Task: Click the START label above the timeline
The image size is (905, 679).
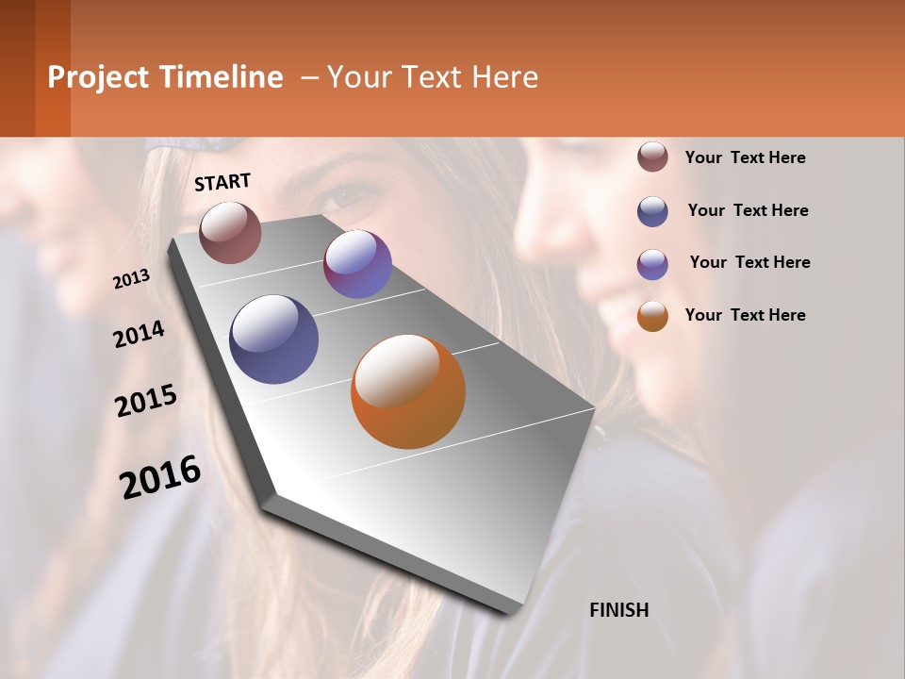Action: [x=222, y=182]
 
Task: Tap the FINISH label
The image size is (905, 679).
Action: [x=618, y=610]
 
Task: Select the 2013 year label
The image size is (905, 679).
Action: [x=131, y=278]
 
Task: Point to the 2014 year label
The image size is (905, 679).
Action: [x=139, y=334]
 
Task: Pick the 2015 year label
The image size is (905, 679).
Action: [x=145, y=401]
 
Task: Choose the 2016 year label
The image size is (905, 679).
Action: [x=159, y=476]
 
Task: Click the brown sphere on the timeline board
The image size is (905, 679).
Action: [x=230, y=232]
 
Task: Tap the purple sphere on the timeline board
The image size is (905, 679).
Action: [x=357, y=264]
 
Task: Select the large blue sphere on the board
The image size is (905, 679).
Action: [x=273, y=339]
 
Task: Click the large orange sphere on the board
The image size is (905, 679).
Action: [x=408, y=390]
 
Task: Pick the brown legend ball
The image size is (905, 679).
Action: [x=652, y=157]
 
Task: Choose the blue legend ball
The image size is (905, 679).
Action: [x=652, y=210]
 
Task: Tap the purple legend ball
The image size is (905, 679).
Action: [x=652, y=263]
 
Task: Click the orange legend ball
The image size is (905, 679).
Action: [x=652, y=316]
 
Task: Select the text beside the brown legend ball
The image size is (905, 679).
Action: [x=745, y=157]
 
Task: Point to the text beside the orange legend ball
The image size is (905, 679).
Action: [x=745, y=315]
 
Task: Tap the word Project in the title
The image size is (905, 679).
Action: [x=99, y=77]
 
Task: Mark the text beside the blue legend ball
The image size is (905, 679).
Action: [x=748, y=210]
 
